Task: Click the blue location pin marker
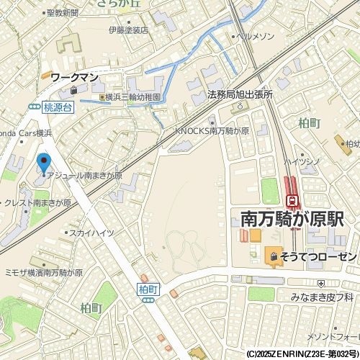[44, 163]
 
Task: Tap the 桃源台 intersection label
[58, 106]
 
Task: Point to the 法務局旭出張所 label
[240, 94]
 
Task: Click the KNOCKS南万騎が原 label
[212, 132]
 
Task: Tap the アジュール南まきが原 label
[85, 176]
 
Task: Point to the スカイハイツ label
[91, 233]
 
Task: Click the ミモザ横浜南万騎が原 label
[44, 274]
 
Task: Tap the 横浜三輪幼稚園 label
[132, 96]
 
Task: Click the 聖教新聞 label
[61, 13]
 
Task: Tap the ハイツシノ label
[301, 161]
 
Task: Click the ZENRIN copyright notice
[302, 354]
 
